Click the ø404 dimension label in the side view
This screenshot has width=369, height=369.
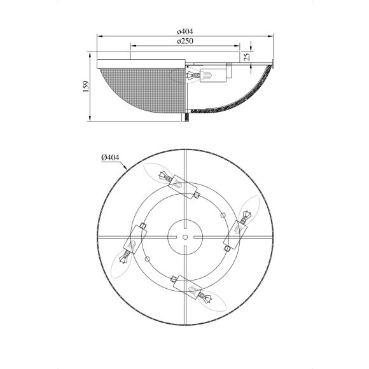coord(185,31)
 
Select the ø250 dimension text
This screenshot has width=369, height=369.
coord(185,41)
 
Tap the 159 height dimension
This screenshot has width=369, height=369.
coord(86,87)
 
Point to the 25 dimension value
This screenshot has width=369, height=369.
coord(247,57)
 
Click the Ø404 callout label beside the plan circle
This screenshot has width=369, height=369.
coord(110,157)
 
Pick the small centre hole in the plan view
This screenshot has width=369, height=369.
coord(185,237)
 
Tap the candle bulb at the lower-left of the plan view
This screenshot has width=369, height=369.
coord(122,265)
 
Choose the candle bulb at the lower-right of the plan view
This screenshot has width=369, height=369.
coord(212,300)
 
